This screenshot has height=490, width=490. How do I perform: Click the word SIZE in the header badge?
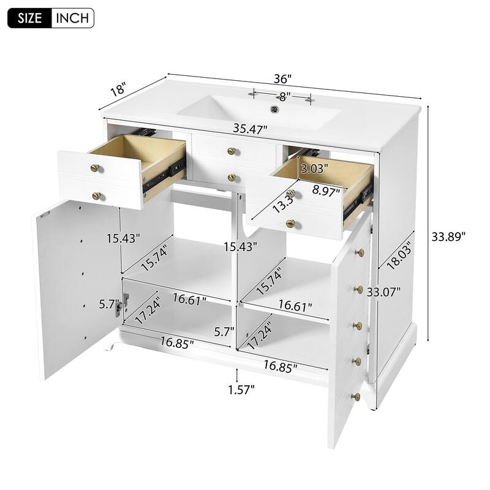tap(30, 17)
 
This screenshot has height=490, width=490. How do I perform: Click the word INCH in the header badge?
tap(72, 17)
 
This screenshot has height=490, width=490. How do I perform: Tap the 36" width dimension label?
tap(283, 79)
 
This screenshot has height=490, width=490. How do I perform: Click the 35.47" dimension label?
tap(250, 129)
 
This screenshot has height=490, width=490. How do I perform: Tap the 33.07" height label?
tap(384, 292)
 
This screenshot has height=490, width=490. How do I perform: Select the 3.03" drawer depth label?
tap(314, 167)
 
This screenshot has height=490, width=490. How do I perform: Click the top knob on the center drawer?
tap(232, 151)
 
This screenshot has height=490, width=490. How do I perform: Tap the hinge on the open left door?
tap(125, 303)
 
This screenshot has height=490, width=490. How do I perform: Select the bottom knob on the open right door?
tap(353, 396)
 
